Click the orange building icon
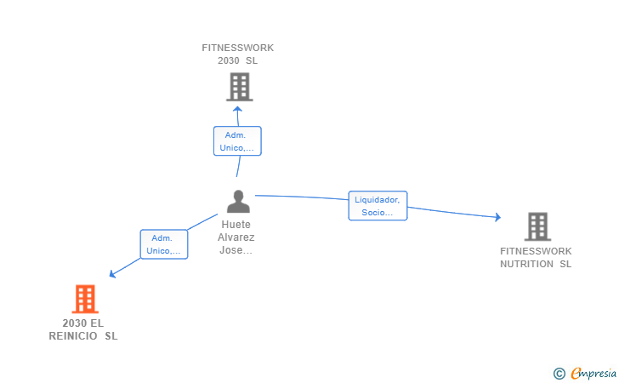click(85, 299)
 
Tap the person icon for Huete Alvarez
click(238, 202)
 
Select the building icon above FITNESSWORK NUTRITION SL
click(537, 227)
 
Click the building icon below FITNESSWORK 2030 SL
click(240, 87)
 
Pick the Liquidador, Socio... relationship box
click(378, 205)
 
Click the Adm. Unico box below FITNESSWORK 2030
click(237, 141)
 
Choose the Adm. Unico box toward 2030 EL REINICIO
click(164, 244)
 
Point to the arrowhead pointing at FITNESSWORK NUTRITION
click(498, 216)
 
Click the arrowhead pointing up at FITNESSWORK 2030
click(237, 109)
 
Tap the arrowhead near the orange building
click(112, 273)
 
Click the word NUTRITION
click(526, 264)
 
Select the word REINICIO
click(73, 336)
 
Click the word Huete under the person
click(236, 225)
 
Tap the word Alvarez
click(236, 237)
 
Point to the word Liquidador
click(377, 200)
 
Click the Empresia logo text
click(593, 373)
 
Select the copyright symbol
click(559, 374)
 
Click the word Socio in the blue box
click(373, 212)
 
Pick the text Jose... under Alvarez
click(236, 250)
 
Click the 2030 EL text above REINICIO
click(83, 323)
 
